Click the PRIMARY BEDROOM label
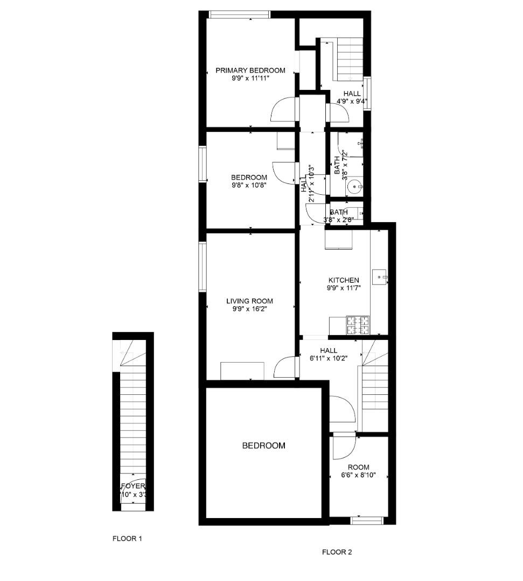(250, 70)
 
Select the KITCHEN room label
(344, 280)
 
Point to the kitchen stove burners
(359, 324)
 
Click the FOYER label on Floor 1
(133, 486)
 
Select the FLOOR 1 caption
(127, 538)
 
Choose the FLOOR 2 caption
(337, 552)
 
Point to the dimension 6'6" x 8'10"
(358, 475)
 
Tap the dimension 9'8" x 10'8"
(249, 185)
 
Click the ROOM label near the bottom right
(358, 467)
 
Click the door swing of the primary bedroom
(283, 111)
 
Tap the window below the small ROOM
(367, 520)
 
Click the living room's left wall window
(203, 267)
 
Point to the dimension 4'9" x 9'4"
(352, 101)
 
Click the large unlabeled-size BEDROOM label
(263, 445)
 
